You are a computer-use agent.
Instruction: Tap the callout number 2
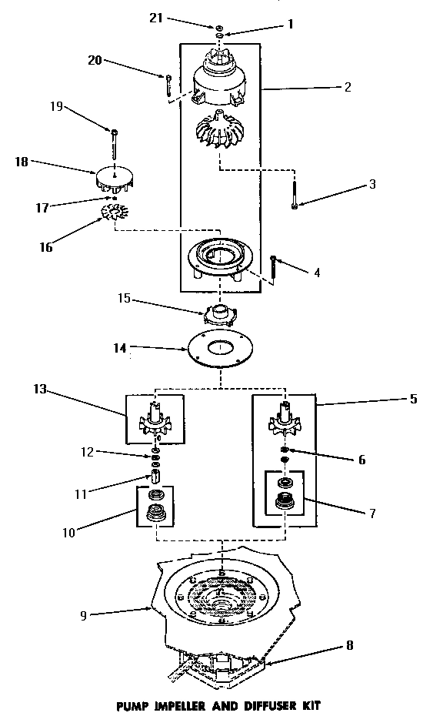[348, 87]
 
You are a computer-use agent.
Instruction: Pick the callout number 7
[372, 513]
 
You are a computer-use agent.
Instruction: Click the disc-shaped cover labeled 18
[115, 179]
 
